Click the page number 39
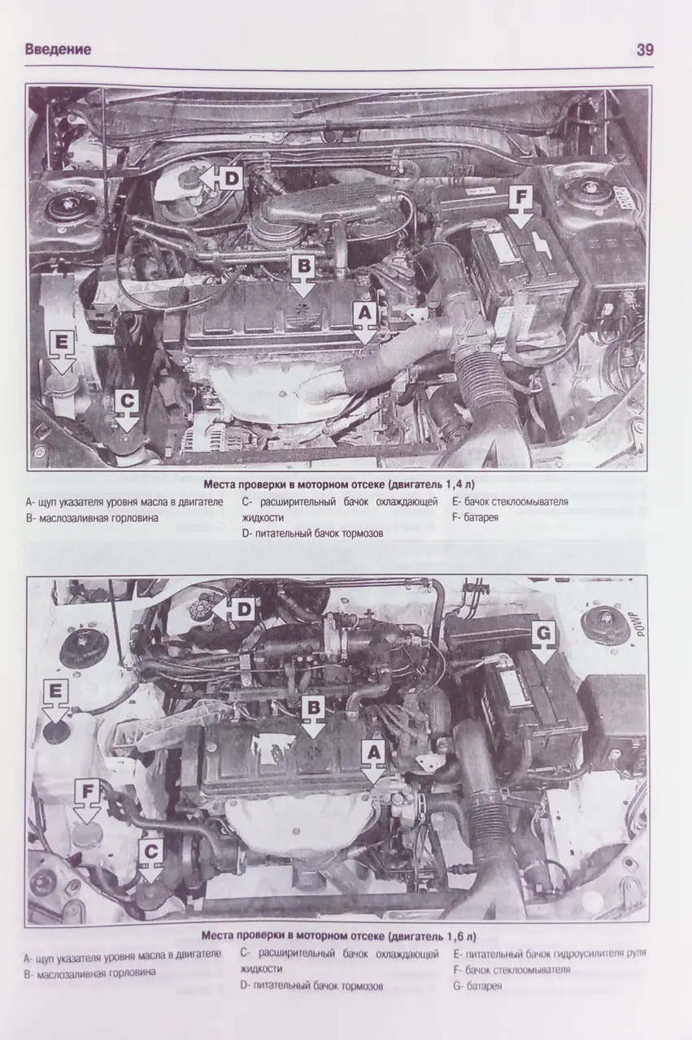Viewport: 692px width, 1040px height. pos(644,50)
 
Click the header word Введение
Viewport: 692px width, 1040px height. pos(58,50)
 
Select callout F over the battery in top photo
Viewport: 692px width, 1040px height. pos(521,197)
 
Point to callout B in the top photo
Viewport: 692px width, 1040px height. pos(302,266)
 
